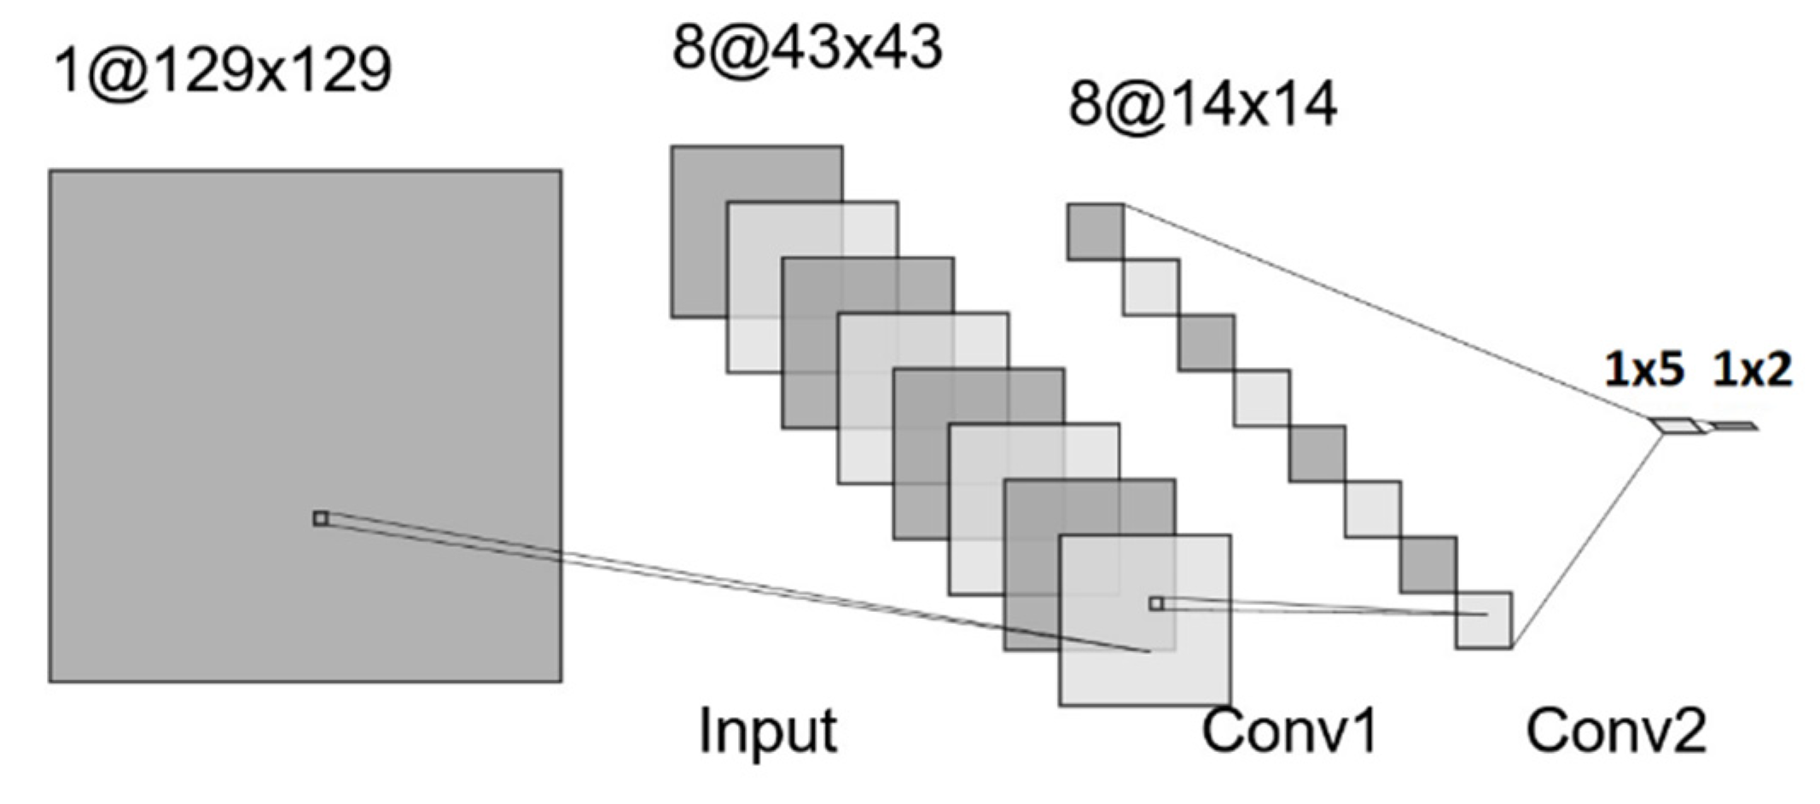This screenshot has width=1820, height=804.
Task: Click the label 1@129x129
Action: [223, 71]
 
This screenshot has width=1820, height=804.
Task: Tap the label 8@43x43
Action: [806, 48]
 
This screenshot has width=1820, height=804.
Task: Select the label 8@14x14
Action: [1202, 106]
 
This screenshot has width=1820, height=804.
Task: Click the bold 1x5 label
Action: [1643, 370]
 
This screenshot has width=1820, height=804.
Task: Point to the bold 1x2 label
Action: [1752, 370]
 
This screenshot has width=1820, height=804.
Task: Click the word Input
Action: [768, 731]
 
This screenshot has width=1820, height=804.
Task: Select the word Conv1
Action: [1289, 731]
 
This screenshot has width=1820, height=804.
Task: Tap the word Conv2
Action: [1616, 731]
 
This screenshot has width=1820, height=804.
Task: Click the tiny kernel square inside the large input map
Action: [321, 518]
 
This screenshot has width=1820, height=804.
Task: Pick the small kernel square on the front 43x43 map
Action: [1156, 603]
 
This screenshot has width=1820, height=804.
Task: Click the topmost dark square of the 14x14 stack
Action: [1095, 231]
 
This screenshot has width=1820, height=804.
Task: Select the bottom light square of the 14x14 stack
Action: [1484, 620]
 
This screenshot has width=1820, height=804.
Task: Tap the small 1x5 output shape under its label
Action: [1673, 425]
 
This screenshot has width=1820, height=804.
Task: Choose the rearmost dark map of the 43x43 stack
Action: [700, 230]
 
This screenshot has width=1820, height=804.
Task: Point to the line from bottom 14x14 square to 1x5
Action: [1587, 538]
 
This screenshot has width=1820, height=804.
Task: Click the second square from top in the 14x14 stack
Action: [1151, 287]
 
